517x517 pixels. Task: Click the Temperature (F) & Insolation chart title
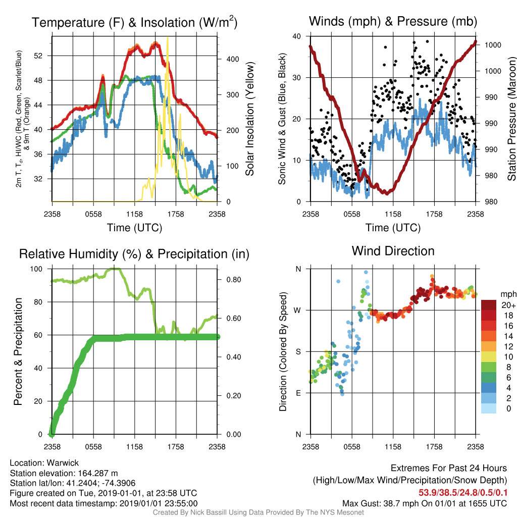pyautogui.click(x=134, y=22)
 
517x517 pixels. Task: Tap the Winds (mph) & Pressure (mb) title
pyautogui.click(x=393, y=21)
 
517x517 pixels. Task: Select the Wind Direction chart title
pyautogui.click(x=393, y=251)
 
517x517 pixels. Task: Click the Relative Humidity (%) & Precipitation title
pyautogui.click(x=134, y=254)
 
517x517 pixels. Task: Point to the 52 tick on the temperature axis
pyautogui.click(x=38, y=56)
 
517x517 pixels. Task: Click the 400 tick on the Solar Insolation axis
pyautogui.click(x=233, y=60)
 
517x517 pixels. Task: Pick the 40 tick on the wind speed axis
pyautogui.click(x=296, y=36)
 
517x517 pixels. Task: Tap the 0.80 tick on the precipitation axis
pyautogui.click(x=234, y=280)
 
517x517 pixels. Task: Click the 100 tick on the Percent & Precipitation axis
pyautogui.click(x=36, y=269)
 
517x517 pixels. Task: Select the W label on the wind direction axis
pyautogui.click(x=297, y=311)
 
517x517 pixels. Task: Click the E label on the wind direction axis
pyautogui.click(x=298, y=393)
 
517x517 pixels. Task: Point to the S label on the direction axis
pyautogui.click(x=298, y=352)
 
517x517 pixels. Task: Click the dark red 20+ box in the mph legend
pyautogui.click(x=489, y=305)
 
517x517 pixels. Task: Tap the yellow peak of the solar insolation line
pyautogui.click(x=168, y=37)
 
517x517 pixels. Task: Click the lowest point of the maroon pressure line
pyautogui.click(x=386, y=193)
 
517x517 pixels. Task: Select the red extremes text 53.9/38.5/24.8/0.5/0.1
pyautogui.click(x=463, y=493)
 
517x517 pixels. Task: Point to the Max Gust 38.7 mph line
pyautogui.click(x=425, y=503)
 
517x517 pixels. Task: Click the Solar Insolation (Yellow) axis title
pyautogui.click(x=250, y=119)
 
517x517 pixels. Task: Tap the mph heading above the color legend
pyautogui.click(x=508, y=294)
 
